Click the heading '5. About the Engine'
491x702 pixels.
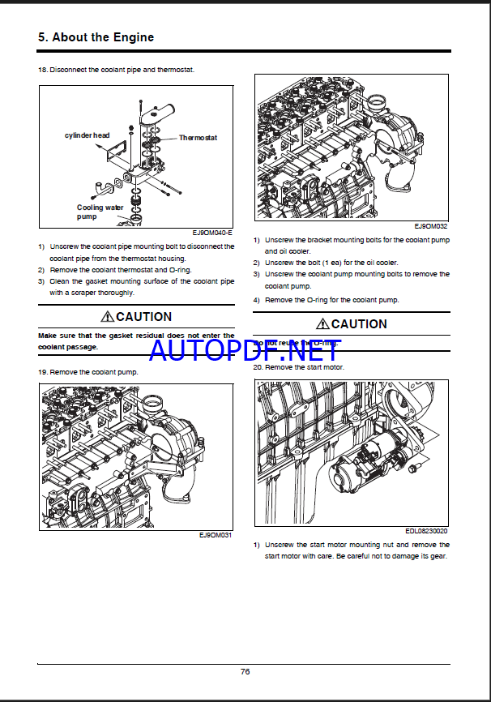point(96,37)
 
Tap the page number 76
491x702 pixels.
point(245,670)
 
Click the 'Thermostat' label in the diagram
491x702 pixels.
point(198,138)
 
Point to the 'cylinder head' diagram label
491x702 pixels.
point(87,135)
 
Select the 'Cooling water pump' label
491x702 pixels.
point(100,212)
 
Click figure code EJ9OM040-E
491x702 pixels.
point(213,233)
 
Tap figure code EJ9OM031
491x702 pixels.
point(216,535)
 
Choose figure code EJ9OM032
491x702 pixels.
point(431,227)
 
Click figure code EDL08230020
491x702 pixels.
point(427,532)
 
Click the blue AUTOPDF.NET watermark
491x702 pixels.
point(245,350)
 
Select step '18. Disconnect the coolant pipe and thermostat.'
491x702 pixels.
point(116,70)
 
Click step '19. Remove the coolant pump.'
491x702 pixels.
point(88,371)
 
